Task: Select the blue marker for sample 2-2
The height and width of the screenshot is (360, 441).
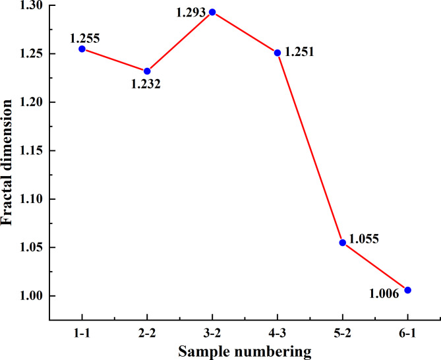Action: (x=147, y=71)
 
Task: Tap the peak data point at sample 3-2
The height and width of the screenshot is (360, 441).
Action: (x=212, y=12)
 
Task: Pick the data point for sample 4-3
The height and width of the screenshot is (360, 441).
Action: (x=278, y=53)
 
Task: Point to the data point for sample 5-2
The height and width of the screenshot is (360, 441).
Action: (x=342, y=243)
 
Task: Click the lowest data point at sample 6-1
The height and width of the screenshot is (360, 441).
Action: (x=407, y=290)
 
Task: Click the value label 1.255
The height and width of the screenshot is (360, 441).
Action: (x=84, y=37)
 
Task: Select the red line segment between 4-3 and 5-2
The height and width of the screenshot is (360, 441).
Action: (x=310, y=148)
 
